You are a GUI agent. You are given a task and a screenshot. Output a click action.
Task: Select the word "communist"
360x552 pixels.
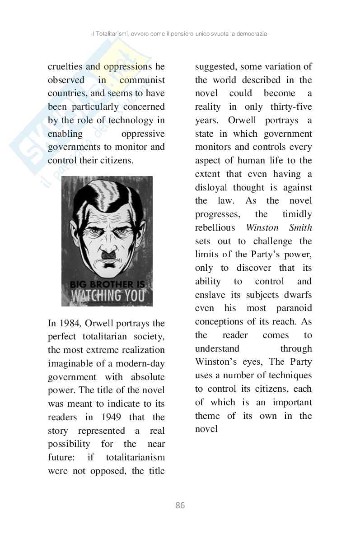[142, 80]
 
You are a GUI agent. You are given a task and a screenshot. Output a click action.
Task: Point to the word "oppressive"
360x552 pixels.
[143, 134]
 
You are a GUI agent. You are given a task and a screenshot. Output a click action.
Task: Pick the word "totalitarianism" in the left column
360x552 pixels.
[135, 457]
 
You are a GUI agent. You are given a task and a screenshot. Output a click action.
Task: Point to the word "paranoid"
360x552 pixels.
[294, 308]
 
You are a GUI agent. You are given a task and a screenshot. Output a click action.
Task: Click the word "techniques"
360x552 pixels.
[290, 375]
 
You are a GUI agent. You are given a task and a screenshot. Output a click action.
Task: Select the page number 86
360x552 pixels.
[180, 506]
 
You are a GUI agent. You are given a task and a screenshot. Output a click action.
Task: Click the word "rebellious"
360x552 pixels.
[215, 227]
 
